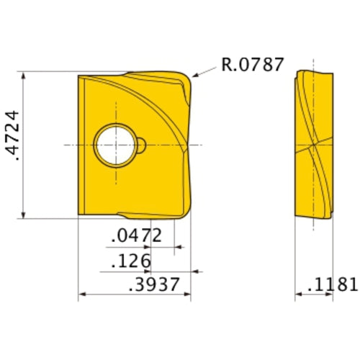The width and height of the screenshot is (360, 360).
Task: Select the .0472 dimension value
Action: [x=137, y=235]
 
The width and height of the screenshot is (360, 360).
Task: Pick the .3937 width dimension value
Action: [x=153, y=284]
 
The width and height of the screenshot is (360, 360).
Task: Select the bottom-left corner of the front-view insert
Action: [x=78, y=213]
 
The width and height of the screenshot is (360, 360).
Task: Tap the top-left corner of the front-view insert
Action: [x=78, y=75]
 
